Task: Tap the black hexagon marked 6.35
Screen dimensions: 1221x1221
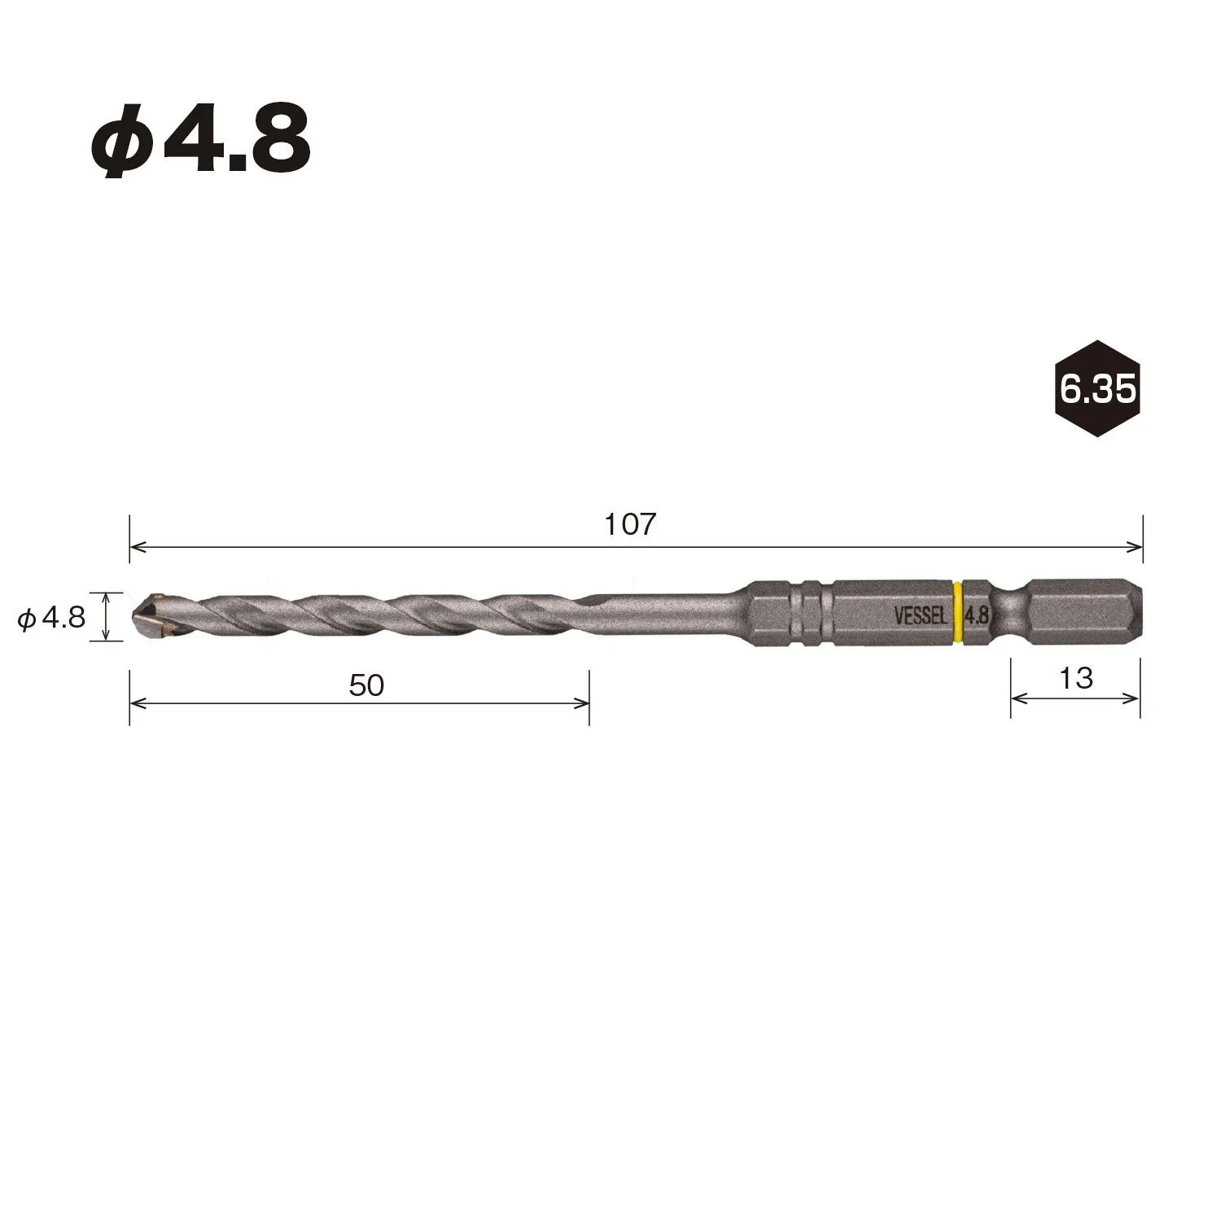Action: (x=1096, y=388)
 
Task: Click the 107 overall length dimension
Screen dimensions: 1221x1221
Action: (x=629, y=525)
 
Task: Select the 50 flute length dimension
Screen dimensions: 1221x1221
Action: (x=366, y=685)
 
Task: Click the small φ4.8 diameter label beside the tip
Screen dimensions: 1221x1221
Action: (x=52, y=619)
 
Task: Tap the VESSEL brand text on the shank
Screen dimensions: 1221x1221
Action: (x=921, y=616)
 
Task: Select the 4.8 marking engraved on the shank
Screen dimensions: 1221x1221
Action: (x=976, y=615)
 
